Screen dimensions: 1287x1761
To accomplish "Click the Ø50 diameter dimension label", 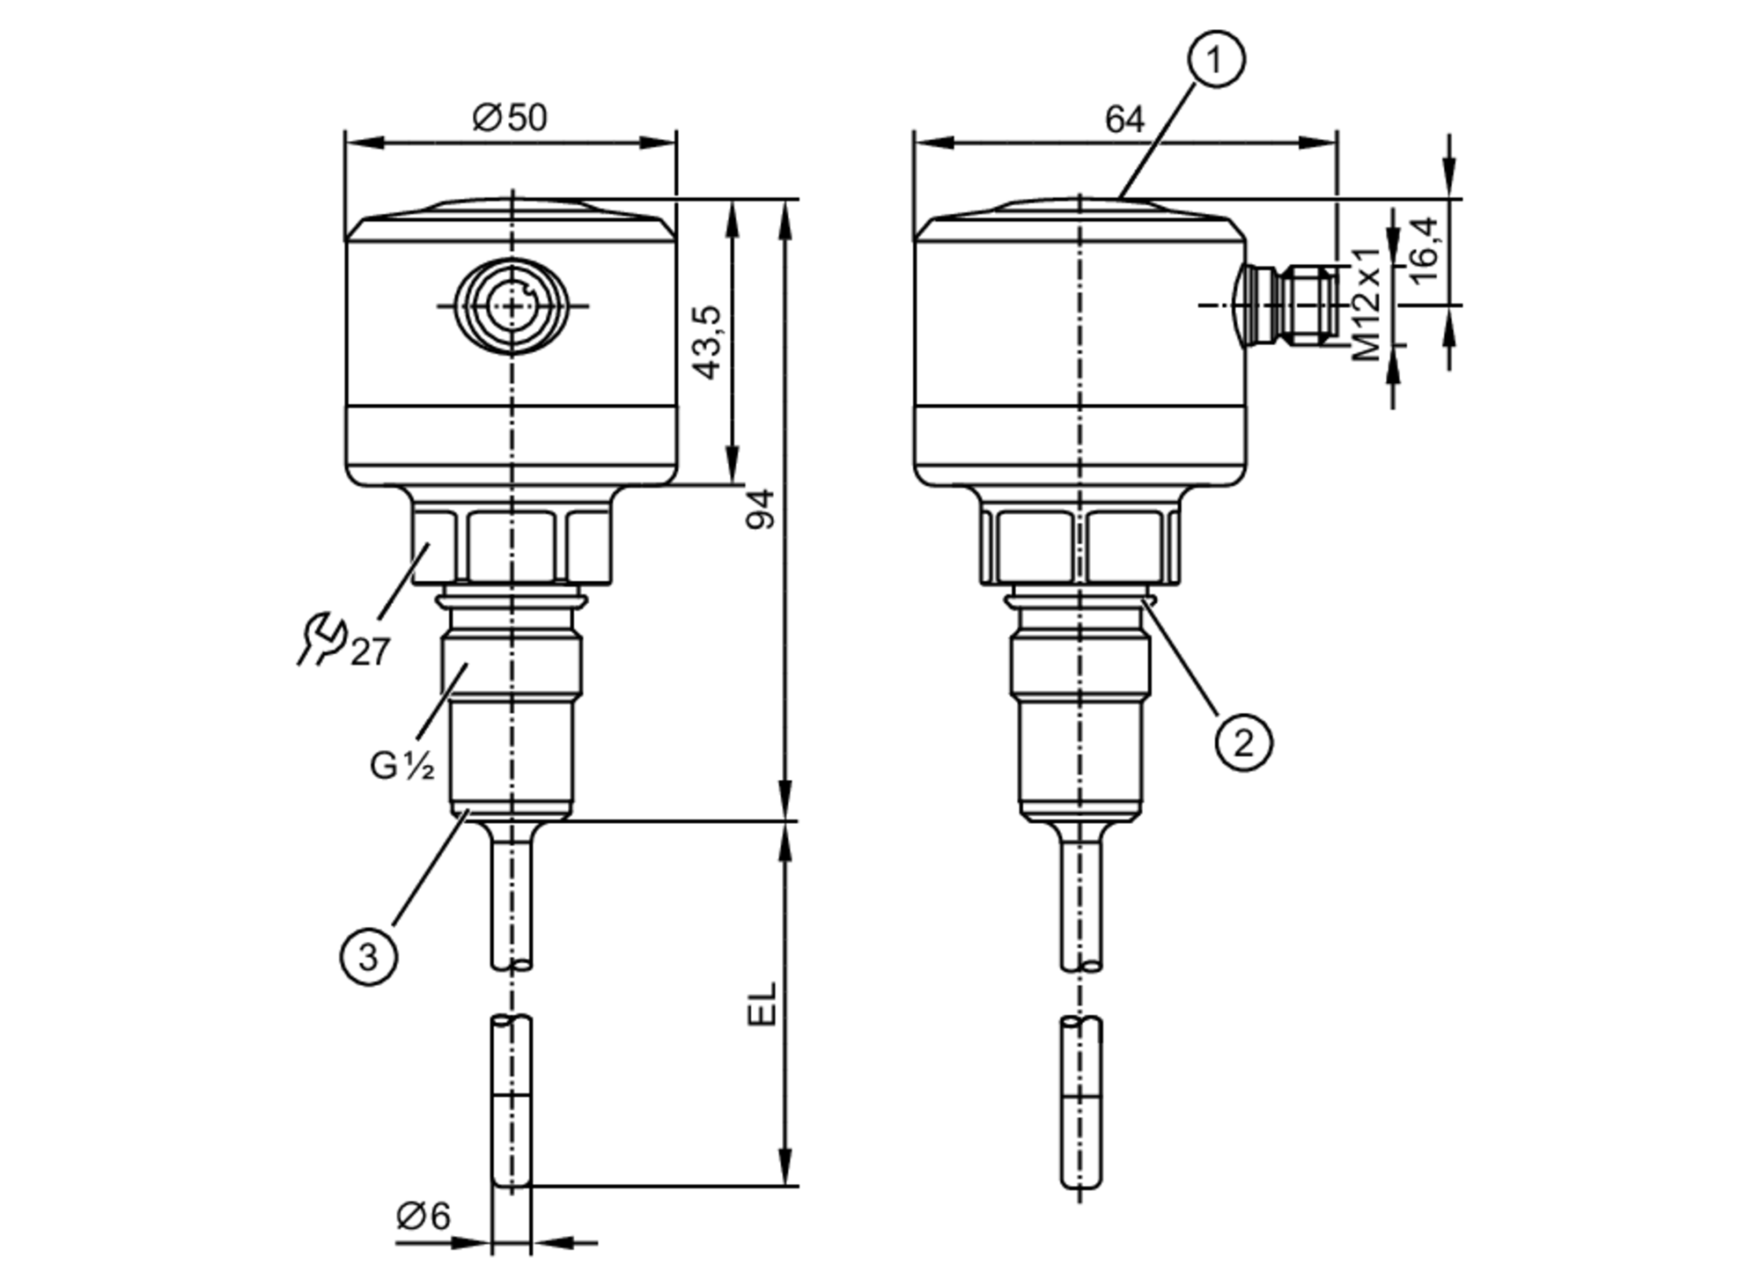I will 510,117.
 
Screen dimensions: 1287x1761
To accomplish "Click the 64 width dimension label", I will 1124,120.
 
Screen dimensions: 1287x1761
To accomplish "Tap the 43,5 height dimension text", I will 708,342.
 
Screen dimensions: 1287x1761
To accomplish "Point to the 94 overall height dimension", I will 761,509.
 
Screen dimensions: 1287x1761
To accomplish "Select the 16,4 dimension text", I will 1424,251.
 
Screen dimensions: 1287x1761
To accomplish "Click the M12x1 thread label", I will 1367,305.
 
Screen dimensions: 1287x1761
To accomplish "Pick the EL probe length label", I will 763,1004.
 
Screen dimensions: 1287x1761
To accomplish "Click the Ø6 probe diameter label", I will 423,1216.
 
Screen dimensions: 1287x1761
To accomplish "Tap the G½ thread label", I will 402,766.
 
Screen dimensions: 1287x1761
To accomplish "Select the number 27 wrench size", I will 370,652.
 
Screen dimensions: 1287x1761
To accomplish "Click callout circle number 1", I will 1216,59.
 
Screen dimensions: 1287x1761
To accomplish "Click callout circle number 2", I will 1243,743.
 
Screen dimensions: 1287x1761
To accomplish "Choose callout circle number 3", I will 368,956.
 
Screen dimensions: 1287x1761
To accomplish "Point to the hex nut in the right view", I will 1080,546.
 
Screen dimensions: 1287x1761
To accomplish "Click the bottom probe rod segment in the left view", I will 512,1100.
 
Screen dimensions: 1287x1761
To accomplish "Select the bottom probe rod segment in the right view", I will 1081,1100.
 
